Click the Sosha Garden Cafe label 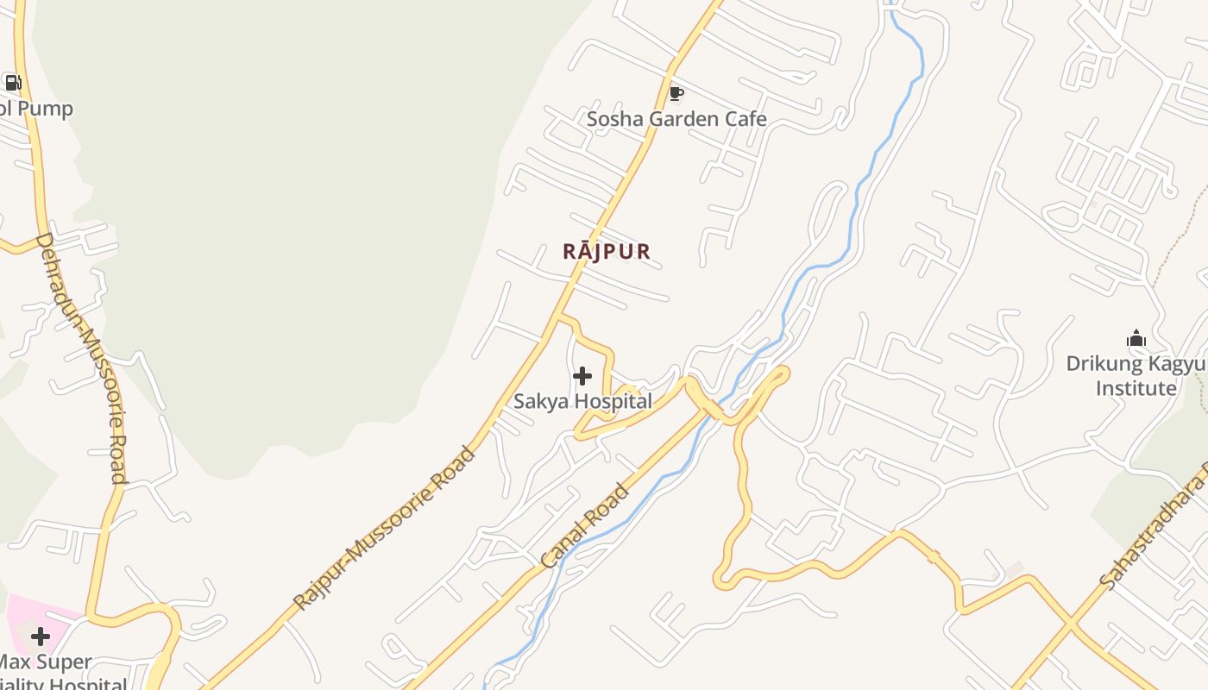point(676,119)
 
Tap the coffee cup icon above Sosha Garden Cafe point(676,93)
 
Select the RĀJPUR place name point(607,251)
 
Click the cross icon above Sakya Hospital point(582,376)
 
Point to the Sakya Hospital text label point(583,401)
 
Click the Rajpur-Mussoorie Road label point(384,528)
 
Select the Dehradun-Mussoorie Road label point(83,358)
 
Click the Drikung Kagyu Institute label point(1136,376)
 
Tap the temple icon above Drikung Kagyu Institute point(1136,339)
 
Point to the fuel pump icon point(13,83)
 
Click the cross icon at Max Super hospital point(41,637)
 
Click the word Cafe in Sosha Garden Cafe point(746,119)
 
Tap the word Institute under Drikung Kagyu point(1136,388)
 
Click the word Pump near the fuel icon point(47,109)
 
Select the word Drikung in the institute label point(1100,364)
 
